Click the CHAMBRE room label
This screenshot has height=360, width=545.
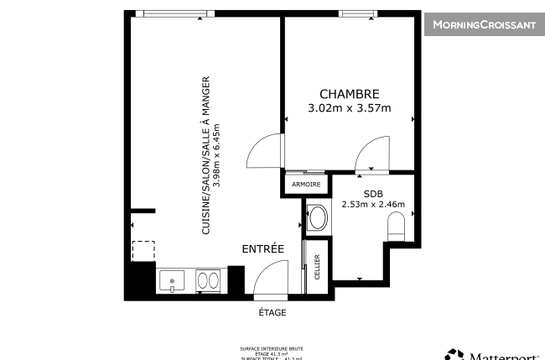[x=350, y=94]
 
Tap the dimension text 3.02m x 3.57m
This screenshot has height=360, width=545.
[x=350, y=108]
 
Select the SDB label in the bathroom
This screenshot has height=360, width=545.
[x=373, y=192]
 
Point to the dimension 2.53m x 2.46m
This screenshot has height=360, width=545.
[x=373, y=204]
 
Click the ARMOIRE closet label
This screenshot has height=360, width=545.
[x=305, y=185]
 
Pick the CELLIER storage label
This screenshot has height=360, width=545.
[x=317, y=267]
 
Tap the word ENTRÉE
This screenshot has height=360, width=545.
[x=262, y=249]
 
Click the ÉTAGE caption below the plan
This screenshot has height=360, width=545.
[x=272, y=313]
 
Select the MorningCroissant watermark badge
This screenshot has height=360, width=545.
[x=483, y=25]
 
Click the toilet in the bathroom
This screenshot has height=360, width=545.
[x=396, y=224]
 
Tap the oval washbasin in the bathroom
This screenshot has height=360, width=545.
[x=318, y=218]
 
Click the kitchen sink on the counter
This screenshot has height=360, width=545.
[x=173, y=281]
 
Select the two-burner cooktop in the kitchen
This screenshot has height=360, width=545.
[x=208, y=280]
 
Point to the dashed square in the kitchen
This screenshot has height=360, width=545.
[x=143, y=252]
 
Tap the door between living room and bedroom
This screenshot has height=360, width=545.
[x=263, y=153]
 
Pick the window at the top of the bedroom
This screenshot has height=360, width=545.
[x=357, y=13]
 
